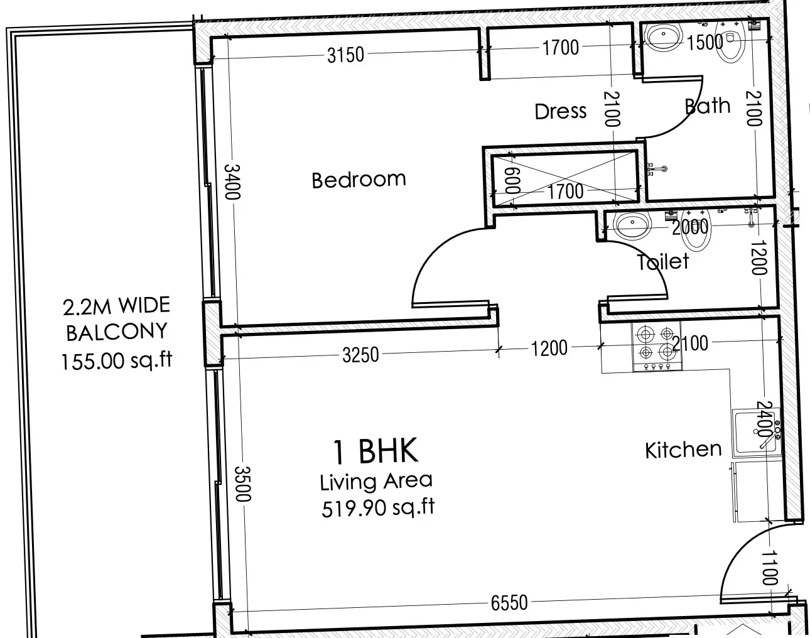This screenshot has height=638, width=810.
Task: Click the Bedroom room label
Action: click(x=359, y=180)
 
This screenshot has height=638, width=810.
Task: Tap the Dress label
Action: click(x=561, y=111)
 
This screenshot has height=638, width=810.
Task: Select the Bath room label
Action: click(x=708, y=105)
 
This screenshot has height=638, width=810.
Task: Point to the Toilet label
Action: click(x=663, y=261)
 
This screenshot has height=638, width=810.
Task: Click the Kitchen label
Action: click(x=684, y=450)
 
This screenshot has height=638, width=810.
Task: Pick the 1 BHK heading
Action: click(x=375, y=451)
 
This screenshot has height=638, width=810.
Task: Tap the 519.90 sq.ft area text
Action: click(x=378, y=508)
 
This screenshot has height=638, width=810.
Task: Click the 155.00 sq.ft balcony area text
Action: click(x=116, y=361)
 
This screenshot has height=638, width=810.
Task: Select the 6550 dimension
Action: click(x=509, y=602)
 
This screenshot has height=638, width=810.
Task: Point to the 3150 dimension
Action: click(x=345, y=55)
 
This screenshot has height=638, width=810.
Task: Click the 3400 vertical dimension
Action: click(x=232, y=181)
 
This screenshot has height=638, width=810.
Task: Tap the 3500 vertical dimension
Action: click(x=243, y=484)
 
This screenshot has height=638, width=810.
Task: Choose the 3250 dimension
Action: click(x=360, y=355)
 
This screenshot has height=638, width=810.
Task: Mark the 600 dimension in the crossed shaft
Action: click(x=512, y=180)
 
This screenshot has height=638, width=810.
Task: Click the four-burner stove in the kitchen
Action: click(x=657, y=346)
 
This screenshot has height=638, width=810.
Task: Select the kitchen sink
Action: click(x=756, y=433)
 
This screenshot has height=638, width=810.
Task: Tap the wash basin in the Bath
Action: click(x=664, y=36)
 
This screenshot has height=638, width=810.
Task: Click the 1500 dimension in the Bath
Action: click(x=705, y=42)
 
